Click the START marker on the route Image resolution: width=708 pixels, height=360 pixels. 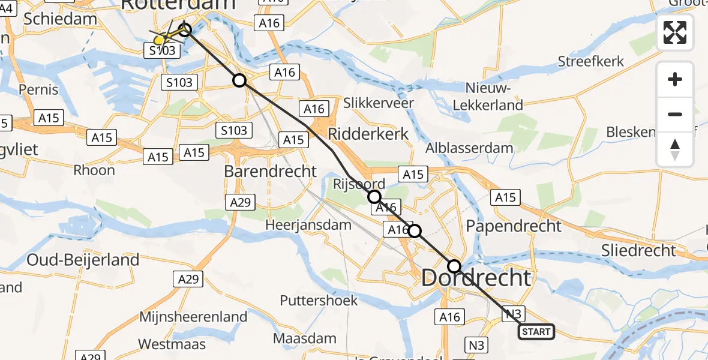[536, 332]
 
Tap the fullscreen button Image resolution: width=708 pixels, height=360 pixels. [675, 32]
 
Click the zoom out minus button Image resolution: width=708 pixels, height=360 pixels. [675, 114]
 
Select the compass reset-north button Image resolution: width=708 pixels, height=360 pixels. [675, 149]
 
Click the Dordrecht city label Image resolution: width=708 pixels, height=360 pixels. [476, 278]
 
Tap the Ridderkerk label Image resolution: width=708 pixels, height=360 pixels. [368, 134]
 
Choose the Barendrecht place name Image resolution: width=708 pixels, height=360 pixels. [270, 171]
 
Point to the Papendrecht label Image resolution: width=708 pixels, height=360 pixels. [514, 226]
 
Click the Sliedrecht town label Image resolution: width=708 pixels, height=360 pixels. [640, 250]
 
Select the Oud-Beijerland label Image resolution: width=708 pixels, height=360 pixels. [83, 260]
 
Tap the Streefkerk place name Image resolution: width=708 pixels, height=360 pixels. [591, 61]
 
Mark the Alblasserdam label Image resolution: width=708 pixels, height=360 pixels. [469, 148]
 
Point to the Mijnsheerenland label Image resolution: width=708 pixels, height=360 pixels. [193, 317]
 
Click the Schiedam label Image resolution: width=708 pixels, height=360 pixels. [60, 19]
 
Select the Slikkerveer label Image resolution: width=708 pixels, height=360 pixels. [379, 103]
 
